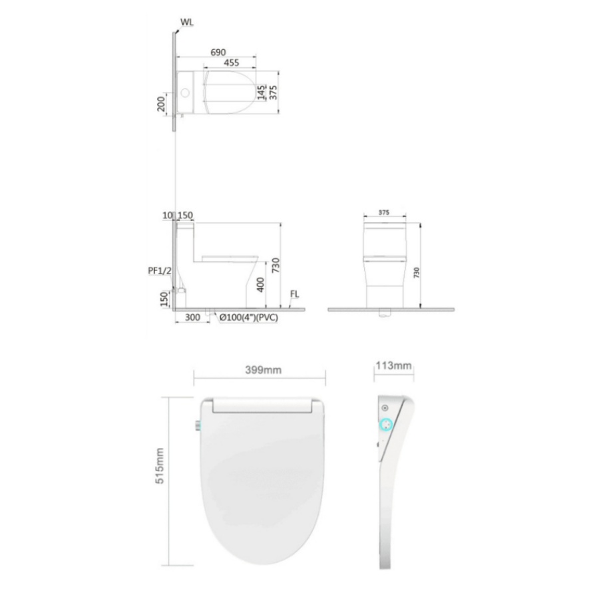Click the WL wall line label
click(x=187, y=22)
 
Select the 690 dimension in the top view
click(x=218, y=53)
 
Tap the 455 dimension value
click(x=232, y=63)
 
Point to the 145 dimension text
click(x=262, y=93)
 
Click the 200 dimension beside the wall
click(x=161, y=104)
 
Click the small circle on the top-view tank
click(x=185, y=93)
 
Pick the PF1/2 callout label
click(x=160, y=271)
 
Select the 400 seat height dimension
click(x=260, y=285)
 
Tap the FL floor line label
click(x=295, y=294)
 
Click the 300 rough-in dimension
click(x=192, y=317)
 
